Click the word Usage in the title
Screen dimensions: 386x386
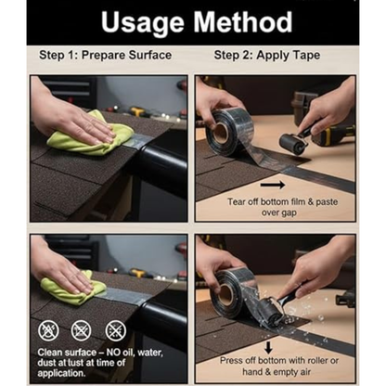click(x=142, y=23)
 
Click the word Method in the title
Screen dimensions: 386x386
click(x=243, y=21)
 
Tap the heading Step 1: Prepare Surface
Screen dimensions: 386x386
click(x=105, y=56)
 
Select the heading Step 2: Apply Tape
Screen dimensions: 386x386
click(x=267, y=56)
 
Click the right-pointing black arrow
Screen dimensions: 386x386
click(x=273, y=185)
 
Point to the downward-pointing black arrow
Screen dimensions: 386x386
click(x=268, y=347)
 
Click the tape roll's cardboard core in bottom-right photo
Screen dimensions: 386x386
click(x=225, y=294)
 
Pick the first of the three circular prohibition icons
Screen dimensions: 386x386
click(x=48, y=330)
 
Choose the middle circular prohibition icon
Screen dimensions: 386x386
click(x=81, y=330)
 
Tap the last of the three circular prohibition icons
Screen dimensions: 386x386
click(x=116, y=330)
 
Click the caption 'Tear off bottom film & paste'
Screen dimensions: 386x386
click(x=283, y=202)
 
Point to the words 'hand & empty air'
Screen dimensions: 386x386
click(x=277, y=372)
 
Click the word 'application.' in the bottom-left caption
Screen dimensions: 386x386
click(x=61, y=373)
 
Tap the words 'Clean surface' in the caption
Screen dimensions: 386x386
click(x=67, y=353)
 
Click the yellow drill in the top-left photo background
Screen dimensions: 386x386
click(x=138, y=111)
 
